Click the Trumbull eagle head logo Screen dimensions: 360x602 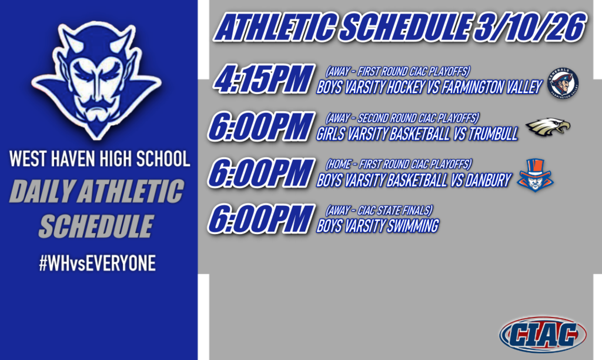tap(547, 128)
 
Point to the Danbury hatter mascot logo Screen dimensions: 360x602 tap(535, 175)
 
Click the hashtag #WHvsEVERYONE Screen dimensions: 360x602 tap(97, 264)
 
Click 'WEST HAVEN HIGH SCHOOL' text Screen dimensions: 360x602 tap(99, 159)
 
